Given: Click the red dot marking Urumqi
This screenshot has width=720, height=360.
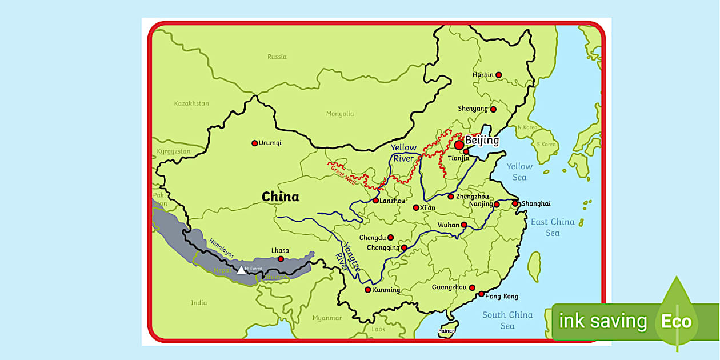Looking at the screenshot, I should point(255,143).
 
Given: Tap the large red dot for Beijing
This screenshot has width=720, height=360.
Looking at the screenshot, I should point(459,145).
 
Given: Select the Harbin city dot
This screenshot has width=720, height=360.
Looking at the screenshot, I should point(498,75).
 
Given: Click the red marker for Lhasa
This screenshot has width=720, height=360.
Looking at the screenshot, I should point(281,259).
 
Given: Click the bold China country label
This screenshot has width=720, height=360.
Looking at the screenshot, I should point(280,197).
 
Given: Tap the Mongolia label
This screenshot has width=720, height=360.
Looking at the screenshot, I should point(340,114).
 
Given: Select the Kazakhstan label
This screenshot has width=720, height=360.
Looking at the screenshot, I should point(191,103).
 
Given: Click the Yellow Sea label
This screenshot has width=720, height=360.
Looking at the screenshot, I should point(519,171).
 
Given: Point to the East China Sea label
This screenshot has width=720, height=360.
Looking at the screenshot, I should point(553,227).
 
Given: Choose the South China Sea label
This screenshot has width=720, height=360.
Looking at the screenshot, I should point(507,320).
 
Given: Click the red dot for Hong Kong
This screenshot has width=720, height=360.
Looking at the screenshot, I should point(482,294).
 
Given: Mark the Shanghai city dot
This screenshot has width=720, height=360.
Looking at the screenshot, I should point(515,203).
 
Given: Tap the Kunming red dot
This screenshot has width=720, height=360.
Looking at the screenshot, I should point(367,290).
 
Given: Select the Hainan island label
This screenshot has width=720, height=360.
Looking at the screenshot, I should point(446,331).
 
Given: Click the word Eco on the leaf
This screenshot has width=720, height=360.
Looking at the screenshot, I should point(676,321).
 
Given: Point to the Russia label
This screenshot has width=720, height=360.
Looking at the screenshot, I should point(277,57).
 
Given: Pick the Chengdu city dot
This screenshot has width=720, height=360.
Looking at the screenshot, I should point(391,238).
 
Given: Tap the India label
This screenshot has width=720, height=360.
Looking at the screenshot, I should point(199,303).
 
